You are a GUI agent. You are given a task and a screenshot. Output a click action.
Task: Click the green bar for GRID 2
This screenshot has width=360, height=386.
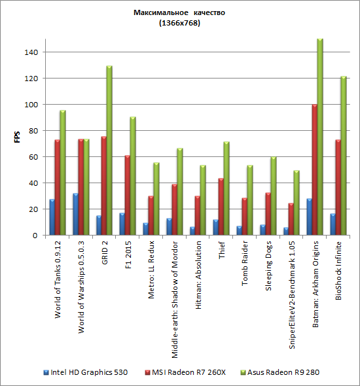click(109, 150)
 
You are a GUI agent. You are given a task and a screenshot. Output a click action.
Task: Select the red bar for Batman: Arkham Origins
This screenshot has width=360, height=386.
click(314, 169)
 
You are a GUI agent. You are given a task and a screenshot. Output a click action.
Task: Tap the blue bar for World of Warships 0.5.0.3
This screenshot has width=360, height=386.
click(75, 214)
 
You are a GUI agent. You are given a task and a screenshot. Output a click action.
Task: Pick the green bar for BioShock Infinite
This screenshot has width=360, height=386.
click(344, 156)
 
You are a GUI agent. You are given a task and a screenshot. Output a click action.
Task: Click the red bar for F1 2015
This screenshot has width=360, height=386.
click(127, 195)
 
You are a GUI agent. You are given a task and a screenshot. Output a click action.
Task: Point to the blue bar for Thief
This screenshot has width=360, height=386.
click(216, 227)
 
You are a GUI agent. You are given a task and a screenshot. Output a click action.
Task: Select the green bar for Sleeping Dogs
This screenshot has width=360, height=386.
click(274, 196)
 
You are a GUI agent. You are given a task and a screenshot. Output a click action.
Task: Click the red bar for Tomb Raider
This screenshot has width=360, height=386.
click(244, 217)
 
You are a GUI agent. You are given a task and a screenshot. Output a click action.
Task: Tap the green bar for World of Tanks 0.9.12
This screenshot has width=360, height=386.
click(63, 173)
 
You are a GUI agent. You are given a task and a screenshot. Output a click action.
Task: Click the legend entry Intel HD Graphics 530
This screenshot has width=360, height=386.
click(86, 372)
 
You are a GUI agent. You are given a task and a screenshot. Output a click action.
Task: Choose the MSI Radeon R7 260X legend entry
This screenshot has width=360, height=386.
click(185, 372)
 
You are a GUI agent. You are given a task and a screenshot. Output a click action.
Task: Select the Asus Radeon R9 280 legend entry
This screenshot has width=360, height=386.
click(280, 372)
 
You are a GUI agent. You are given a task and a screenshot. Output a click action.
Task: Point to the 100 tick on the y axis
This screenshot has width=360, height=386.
click(31, 105)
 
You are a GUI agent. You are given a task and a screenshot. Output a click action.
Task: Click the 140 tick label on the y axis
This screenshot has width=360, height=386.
click(31, 52)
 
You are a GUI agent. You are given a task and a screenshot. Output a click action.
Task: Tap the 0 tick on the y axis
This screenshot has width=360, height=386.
click(35, 236)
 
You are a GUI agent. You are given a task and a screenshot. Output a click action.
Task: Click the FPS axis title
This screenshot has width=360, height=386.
click(17, 137)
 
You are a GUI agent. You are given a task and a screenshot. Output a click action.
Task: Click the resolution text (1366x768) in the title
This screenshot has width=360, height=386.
click(179, 23)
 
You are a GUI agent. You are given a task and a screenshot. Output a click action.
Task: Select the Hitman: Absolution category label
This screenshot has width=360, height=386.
click(198, 275)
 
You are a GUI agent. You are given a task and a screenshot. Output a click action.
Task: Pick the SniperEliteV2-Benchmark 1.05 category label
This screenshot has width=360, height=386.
click(292, 295)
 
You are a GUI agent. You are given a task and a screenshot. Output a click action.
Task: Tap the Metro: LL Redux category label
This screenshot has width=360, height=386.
click(151, 270)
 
